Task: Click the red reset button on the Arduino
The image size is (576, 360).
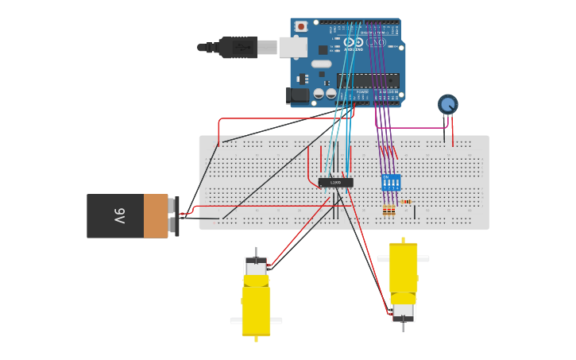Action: (x=301, y=26)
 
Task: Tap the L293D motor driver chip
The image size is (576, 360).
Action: (x=335, y=182)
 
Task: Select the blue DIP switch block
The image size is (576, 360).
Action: (x=391, y=182)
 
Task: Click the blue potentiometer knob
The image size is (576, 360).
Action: (x=448, y=104)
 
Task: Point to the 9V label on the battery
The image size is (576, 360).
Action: (x=119, y=215)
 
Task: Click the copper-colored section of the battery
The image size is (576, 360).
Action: (x=156, y=215)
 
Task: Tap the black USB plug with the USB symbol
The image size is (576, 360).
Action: (x=238, y=48)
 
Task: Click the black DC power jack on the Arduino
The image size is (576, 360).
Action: (x=298, y=95)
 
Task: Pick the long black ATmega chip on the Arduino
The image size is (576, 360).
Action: (x=368, y=80)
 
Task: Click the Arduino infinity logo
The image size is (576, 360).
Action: (x=354, y=41)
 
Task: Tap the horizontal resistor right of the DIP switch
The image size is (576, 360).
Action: (x=406, y=202)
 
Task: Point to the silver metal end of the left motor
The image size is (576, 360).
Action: (x=256, y=266)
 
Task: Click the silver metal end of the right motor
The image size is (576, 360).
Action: (x=403, y=311)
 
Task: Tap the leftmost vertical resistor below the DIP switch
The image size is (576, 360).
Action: (x=385, y=210)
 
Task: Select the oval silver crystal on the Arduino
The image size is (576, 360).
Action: (x=321, y=64)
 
